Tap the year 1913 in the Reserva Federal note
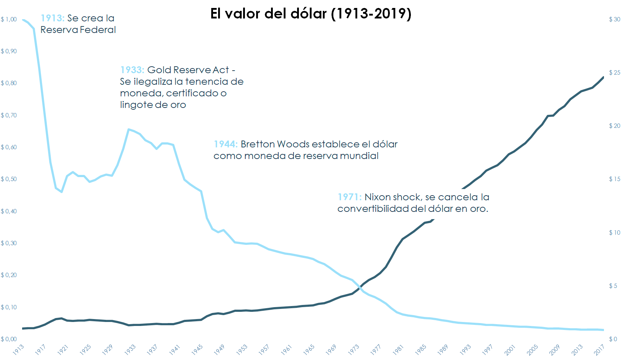pyautogui.click(x=52, y=18)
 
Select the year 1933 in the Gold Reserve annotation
pyautogui.click(x=132, y=70)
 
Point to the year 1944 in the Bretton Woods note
pyautogui.click(x=225, y=144)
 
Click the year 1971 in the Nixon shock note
pyautogui.click(x=349, y=197)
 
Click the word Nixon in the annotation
pyautogui.click(x=377, y=197)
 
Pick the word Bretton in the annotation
pyautogui.click(x=258, y=144)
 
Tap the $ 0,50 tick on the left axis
pyautogui.click(x=9, y=179)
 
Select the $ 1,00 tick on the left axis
pyautogui.click(x=9, y=19)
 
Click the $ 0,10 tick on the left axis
pyautogui.click(x=9, y=307)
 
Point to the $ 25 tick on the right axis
pyautogui.click(x=614, y=72)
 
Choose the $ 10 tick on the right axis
pyautogui.click(x=614, y=233)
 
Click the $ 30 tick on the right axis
pyautogui.click(x=614, y=19)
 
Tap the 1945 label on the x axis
pyautogui.click(x=197, y=349)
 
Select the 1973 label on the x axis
pyautogui.click(x=354, y=349)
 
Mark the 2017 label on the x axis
pyautogui.click(x=599, y=349)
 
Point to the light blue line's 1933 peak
pyautogui.click(x=129, y=129)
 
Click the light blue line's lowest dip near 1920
pyautogui.click(x=62, y=192)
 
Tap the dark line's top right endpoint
pyautogui.click(x=603, y=77)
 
